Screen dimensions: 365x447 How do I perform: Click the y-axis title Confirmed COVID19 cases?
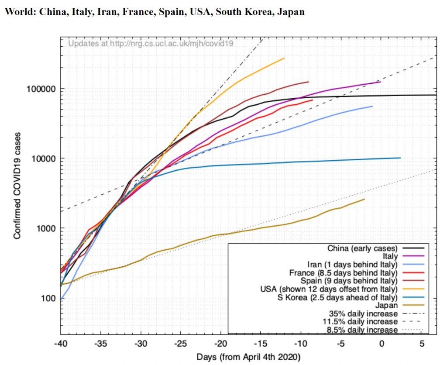point(17,188)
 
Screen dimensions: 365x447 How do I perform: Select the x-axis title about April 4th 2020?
point(248,357)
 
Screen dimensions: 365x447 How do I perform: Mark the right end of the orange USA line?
point(284,58)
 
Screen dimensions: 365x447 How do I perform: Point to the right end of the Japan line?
point(364,199)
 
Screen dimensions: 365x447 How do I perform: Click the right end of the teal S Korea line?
point(400,158)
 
